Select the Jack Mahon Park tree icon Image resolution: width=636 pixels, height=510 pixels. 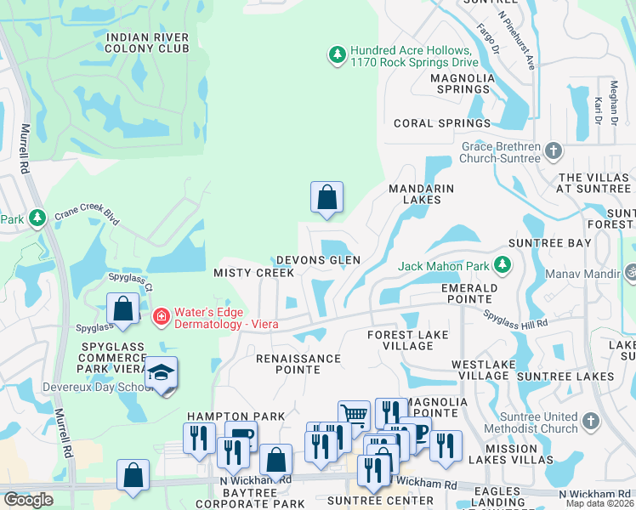[504, 266]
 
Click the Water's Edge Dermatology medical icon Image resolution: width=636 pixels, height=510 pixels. [160, 317]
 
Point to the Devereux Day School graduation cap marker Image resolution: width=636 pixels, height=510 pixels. [160, 374]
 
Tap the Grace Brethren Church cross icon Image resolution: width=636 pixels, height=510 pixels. [554, 152]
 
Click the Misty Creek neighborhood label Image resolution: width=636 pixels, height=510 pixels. [253, 273]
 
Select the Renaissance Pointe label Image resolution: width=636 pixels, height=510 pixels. [298, 359]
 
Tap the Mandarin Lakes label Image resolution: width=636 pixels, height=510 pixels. [421, 194]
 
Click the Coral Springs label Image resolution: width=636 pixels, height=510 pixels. [442, 123]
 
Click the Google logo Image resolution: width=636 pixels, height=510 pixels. [28, 499]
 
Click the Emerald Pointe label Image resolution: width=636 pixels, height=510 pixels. [468, 293]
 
